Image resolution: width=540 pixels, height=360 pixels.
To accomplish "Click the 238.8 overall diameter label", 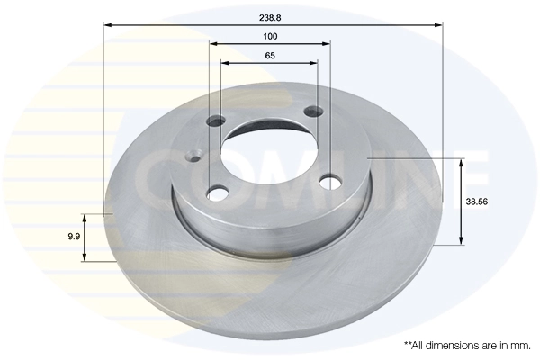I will (x=270, y=16).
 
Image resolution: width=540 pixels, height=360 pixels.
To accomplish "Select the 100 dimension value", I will (x=270, y=36).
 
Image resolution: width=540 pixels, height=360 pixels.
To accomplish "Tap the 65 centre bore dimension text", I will (x=270, y=56).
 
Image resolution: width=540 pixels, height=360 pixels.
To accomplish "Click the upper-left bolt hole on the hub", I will (x=216, y=121).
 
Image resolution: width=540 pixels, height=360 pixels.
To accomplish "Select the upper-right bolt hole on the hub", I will (x=313, y=112).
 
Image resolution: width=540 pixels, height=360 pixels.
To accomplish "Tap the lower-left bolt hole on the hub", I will (x=218, y=192).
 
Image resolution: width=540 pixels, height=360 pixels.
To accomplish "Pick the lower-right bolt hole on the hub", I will (x=330, y=182).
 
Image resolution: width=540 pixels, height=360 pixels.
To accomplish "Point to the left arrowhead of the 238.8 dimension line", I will (x=107, y=25).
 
